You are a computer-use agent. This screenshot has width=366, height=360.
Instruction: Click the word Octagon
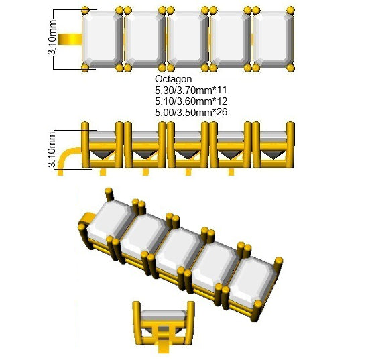click(173, 79)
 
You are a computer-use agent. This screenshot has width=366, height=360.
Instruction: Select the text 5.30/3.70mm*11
click(191, 90)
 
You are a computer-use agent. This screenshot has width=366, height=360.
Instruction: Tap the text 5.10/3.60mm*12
click(191, 101)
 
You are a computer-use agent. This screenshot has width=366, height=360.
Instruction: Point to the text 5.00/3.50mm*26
click(191, 112)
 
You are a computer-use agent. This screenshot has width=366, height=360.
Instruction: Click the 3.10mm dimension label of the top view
click(52, 38)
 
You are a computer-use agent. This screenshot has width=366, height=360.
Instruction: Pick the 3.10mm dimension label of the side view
click(52, 149)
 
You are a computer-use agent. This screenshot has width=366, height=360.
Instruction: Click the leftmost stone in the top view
click(103, 40)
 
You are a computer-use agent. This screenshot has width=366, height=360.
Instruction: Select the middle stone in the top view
click(188, 40)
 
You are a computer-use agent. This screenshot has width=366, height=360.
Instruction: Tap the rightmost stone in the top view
click(273, 40)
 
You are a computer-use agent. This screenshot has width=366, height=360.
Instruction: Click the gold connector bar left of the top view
click(70, 39)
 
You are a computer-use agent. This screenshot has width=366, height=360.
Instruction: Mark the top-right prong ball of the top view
click(291, 10)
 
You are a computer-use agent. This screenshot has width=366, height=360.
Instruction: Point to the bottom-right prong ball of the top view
click(291, 68)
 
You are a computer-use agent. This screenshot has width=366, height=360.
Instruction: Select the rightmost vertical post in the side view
click(290, 145)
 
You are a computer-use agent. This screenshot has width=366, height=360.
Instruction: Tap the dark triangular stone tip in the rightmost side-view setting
click(273, 155)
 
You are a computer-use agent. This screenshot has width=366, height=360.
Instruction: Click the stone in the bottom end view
click(164, 316)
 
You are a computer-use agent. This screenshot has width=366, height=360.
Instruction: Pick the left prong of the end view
click(137, 322)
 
